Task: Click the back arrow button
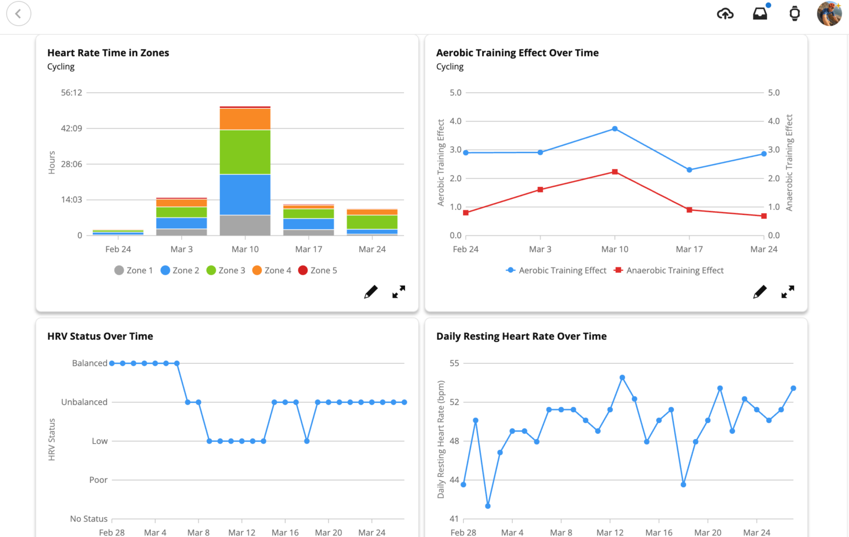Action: pyautogui.click(x=19, y=14)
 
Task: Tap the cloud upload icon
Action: pyautogui.click(x=725, y=14)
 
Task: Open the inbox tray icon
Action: pyautogui.click(x=760, y=14)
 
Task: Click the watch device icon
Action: pyautogui.click(x=794, y=14)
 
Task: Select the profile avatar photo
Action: pyautogui.click(x=829, y=14)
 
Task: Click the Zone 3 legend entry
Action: pyautogui.click(x=226, y=270)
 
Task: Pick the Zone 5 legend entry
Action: pyautogui.click(x=318, y=270)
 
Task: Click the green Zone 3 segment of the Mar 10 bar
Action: pyautogui.click(x=245, y=152)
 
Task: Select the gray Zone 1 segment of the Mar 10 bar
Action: pyautogui.click(x=245, y=225)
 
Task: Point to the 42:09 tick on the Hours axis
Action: pyautogui.click(x=71, y=128)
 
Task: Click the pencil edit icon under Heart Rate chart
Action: pyautogui.click(x=371, y=292)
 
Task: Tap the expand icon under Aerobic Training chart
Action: pyautogui.click(x=788, y=292)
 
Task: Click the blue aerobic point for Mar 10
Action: pyautogui.click(x=615, y=129)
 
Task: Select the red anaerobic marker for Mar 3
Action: pyautogui.click(x=541, y=189)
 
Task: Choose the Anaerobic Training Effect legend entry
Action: pyautogui.click(x=669, y=270)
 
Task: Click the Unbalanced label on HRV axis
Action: pyautogui.click(x=84, y=402)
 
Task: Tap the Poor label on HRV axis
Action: pyautogui.click(x=98, y=480)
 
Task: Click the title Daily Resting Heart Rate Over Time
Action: pyautogui.click(x=521, y=336)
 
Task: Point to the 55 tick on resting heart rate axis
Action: pyautogui.click(x=454, y=363)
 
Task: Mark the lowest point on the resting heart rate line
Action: pyautogui.click(x=488, y=506)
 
